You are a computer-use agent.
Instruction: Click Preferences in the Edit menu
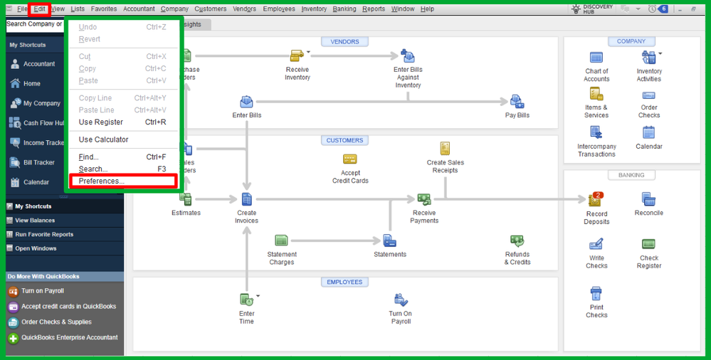(102, 181)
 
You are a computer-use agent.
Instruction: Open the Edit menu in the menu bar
(39, 9)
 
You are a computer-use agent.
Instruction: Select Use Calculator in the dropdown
(104, 139)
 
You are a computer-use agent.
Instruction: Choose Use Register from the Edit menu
(101, 122)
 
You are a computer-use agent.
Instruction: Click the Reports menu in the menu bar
(373, 9)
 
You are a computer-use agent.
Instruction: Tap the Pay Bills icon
(517, 103)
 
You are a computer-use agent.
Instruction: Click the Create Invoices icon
(246, 200)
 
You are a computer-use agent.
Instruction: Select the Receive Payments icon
(424, 200)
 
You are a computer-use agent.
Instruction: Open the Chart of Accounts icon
(596, 58)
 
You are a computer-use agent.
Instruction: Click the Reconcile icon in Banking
(648, 200)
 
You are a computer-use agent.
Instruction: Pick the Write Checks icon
(596, 245)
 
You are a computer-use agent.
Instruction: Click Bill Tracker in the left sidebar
(38, 162)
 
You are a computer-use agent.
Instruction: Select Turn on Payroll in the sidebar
(42, 291)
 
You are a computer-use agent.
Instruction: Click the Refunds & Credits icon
(517, 243)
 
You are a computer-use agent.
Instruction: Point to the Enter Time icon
(246, 300)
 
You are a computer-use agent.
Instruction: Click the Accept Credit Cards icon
(350, 160)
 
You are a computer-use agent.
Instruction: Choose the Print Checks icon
(596, 294)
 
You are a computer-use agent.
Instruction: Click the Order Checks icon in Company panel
(648, 96)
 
